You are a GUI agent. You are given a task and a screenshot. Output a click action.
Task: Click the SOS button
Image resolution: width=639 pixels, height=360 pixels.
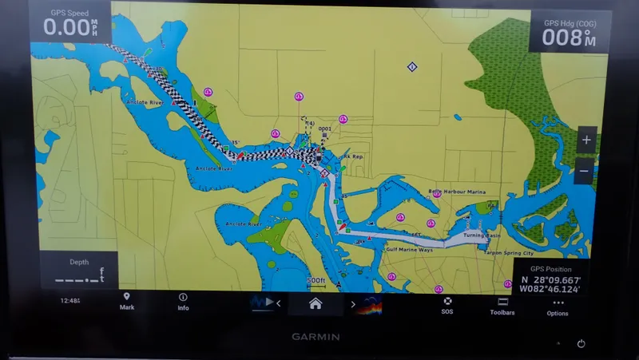coord(448,304)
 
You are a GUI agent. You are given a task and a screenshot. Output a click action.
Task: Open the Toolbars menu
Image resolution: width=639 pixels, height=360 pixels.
coord(502,306)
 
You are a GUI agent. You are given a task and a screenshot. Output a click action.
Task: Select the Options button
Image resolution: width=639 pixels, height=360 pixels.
coord(558,307)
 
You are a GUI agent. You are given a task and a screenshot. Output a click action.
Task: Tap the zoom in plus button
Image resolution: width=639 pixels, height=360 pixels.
coord(586,140)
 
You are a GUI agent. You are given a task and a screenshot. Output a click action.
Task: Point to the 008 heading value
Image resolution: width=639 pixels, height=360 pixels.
coord(564,38)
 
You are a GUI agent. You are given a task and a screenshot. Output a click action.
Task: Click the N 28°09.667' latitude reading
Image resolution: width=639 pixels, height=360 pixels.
coord(550,280)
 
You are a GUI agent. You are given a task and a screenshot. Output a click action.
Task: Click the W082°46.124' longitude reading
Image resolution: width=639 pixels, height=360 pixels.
coord(549,291)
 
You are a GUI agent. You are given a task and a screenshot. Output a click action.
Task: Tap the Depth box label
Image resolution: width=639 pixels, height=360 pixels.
coord(79,261)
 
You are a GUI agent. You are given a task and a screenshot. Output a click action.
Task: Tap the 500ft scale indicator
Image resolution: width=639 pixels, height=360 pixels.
coord(316,280)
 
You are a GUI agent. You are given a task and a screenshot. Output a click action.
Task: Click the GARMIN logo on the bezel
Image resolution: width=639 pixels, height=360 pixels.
coord(315,337)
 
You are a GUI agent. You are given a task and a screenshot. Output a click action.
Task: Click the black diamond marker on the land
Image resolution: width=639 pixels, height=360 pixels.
coord(411,67)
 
